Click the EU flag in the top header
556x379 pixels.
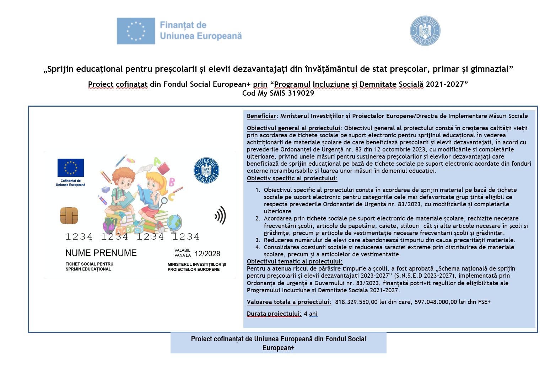[x=136, y=31]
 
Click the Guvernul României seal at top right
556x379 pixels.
[x=425, y=31]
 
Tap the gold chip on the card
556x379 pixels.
[x=69, y=215]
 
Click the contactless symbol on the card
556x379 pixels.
[x=221, y=215]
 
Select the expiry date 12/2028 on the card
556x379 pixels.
[x=207, y=254]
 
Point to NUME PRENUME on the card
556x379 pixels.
[x=101, y=253]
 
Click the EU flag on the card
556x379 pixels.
[x=71, y=167]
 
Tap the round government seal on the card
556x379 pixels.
[x=206, y=170]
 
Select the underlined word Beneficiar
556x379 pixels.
[x=261, y=116]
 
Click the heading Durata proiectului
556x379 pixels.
[x=274, y=314]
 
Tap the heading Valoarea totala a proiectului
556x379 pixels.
[x=289, y=302]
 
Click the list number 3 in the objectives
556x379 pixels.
[x=258, y=240]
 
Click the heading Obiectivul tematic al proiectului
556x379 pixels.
[x=295, y=261]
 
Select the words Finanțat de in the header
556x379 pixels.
[x=183, y=25]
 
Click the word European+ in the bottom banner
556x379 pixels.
[x=278, y=348]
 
